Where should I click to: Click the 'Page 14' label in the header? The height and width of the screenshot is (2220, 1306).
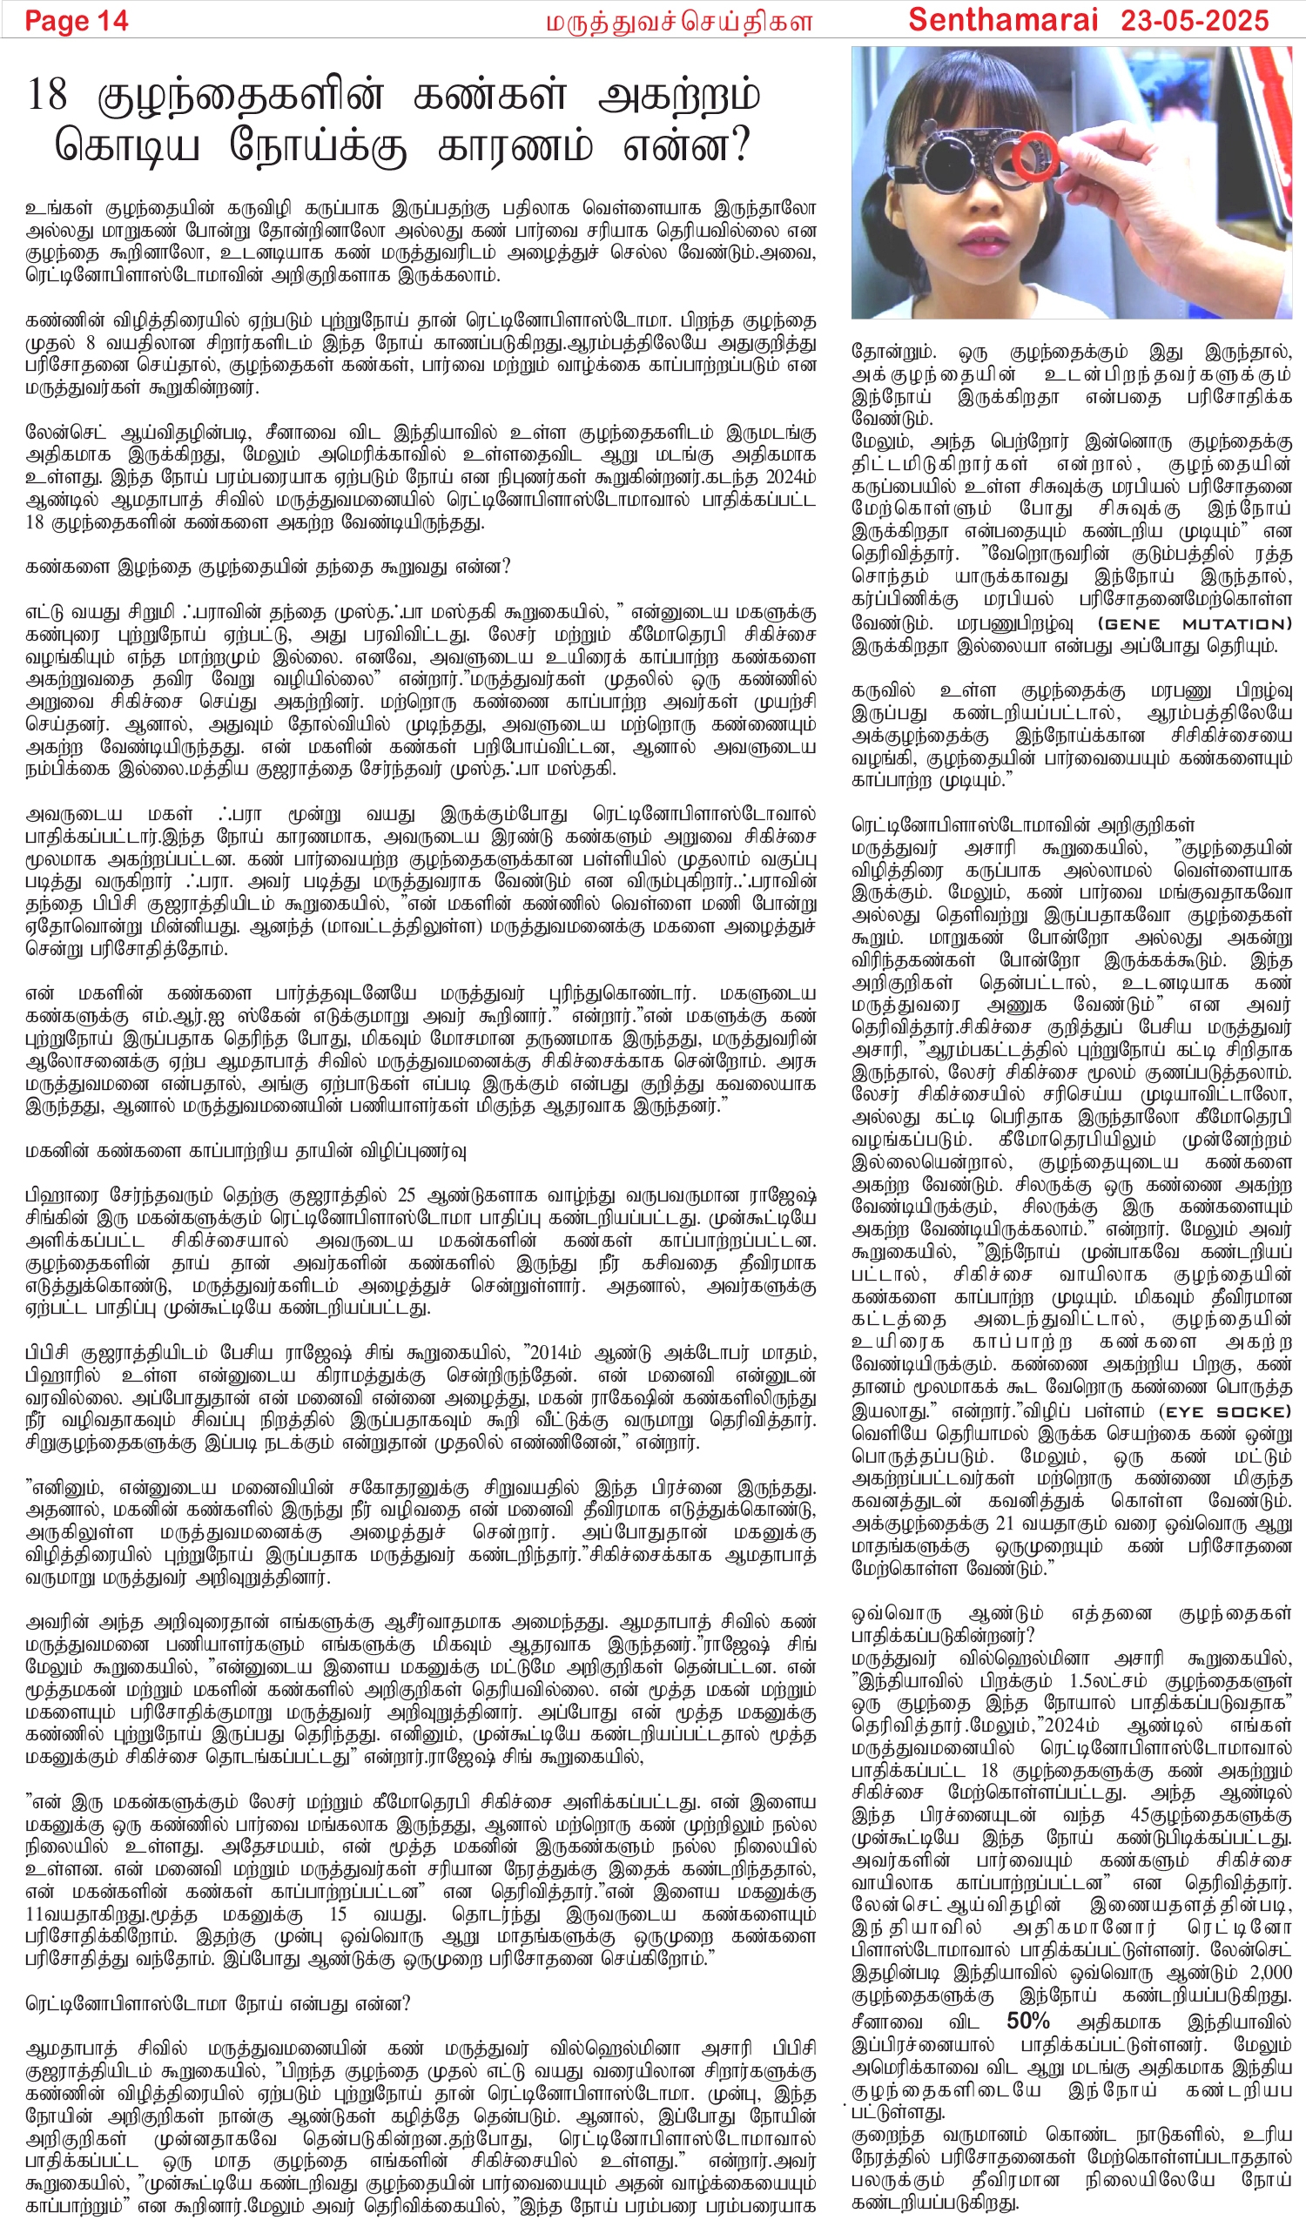coord(76,20)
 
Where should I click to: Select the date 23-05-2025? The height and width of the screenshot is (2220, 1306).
coord(1194,19)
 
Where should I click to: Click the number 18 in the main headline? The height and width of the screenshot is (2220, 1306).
coord(48,95)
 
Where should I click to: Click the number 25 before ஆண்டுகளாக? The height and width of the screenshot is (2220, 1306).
coord(407,1195)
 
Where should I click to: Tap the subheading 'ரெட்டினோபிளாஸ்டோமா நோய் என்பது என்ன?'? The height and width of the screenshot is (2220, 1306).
coord(218,2003)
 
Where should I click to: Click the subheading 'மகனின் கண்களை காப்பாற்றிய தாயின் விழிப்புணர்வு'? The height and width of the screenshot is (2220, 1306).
coord(245,1151)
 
